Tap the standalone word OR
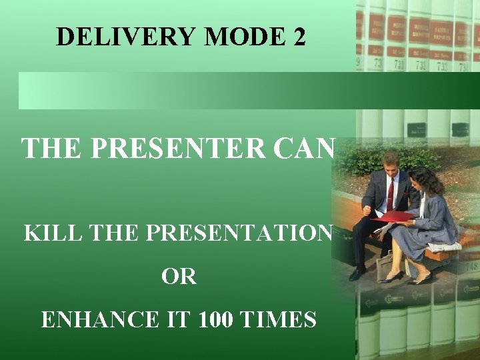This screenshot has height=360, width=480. pyautogui.click(x=179, y=277)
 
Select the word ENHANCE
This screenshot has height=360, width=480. pyautogui.click(x=99, y=320)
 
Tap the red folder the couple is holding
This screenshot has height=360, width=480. pyautogui.click(x=393, y=217)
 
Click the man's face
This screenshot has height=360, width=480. pyautogui.click(x=391, y=163)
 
